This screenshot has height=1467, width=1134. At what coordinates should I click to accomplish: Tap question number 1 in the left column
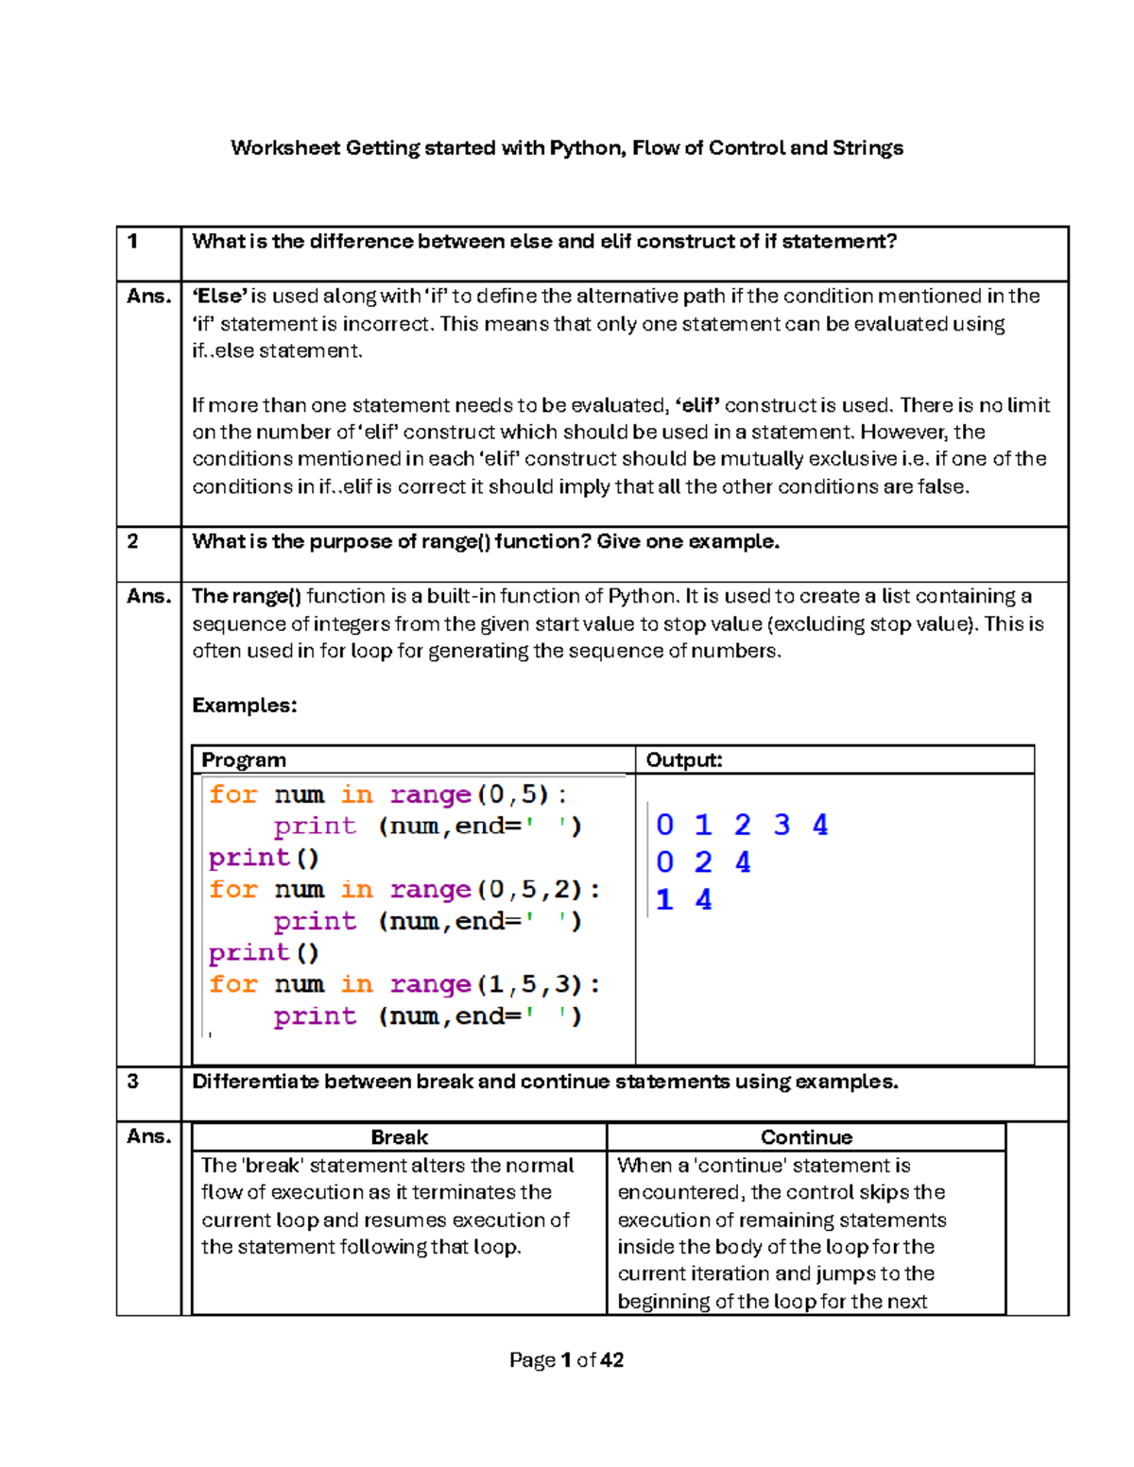pos(133,242)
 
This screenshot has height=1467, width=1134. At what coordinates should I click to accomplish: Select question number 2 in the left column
pos(133,541)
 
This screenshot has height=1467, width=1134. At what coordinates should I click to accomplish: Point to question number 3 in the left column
pos(133,1082)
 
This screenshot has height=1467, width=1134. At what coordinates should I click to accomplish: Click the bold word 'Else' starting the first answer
pos(219,297)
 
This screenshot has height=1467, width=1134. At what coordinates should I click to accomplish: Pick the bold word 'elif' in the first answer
pos(698,405)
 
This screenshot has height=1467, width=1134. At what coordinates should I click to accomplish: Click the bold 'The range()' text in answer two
pos(246,596)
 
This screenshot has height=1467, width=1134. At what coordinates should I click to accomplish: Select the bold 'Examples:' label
pos(244,706)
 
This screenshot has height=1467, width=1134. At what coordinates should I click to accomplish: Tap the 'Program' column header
pos(243,760)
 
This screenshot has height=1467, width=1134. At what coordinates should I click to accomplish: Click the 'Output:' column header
pos(683,760)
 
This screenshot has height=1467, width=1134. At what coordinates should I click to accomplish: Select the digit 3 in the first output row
pos(782,826)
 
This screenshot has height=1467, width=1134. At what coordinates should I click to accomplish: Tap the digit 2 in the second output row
pos(703,862)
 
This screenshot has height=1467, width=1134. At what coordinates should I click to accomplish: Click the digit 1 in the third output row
pos(664,900)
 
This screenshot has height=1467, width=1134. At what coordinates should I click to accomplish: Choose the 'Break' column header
pos(399,1137)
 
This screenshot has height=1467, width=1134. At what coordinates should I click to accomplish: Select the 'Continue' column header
pos(806,1137)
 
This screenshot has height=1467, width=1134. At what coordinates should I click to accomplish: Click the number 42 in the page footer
pos(611,1360)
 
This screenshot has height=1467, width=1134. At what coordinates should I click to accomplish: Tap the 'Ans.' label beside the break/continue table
pos(148,1136)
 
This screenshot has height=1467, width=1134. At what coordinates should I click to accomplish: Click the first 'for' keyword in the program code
pos(232,794)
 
